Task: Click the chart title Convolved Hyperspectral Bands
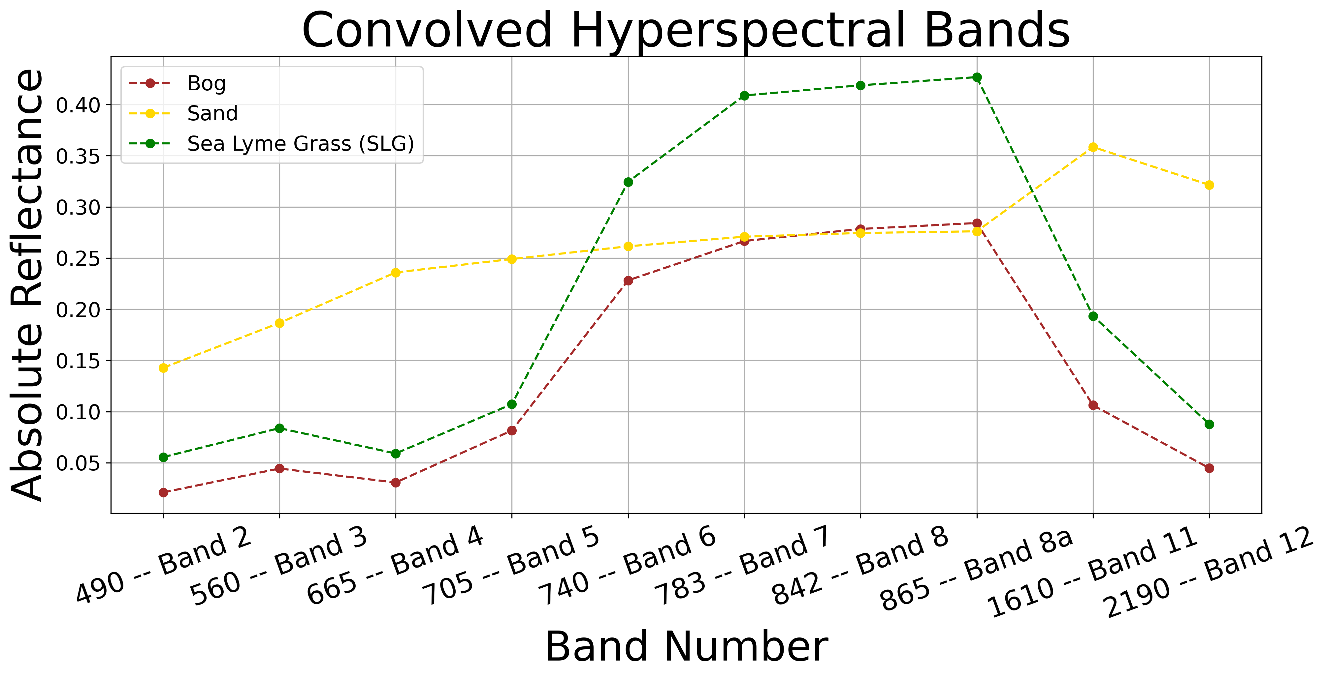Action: tap(686, 31)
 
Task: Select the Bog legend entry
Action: tap(206, 83)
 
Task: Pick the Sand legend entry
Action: tap(212, 113)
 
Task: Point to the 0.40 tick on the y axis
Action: tap(77, 105)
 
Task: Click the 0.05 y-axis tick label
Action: tap(77, 463)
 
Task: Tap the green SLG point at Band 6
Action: tap(628, 182)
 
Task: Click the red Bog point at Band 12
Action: tap(1209, 468)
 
